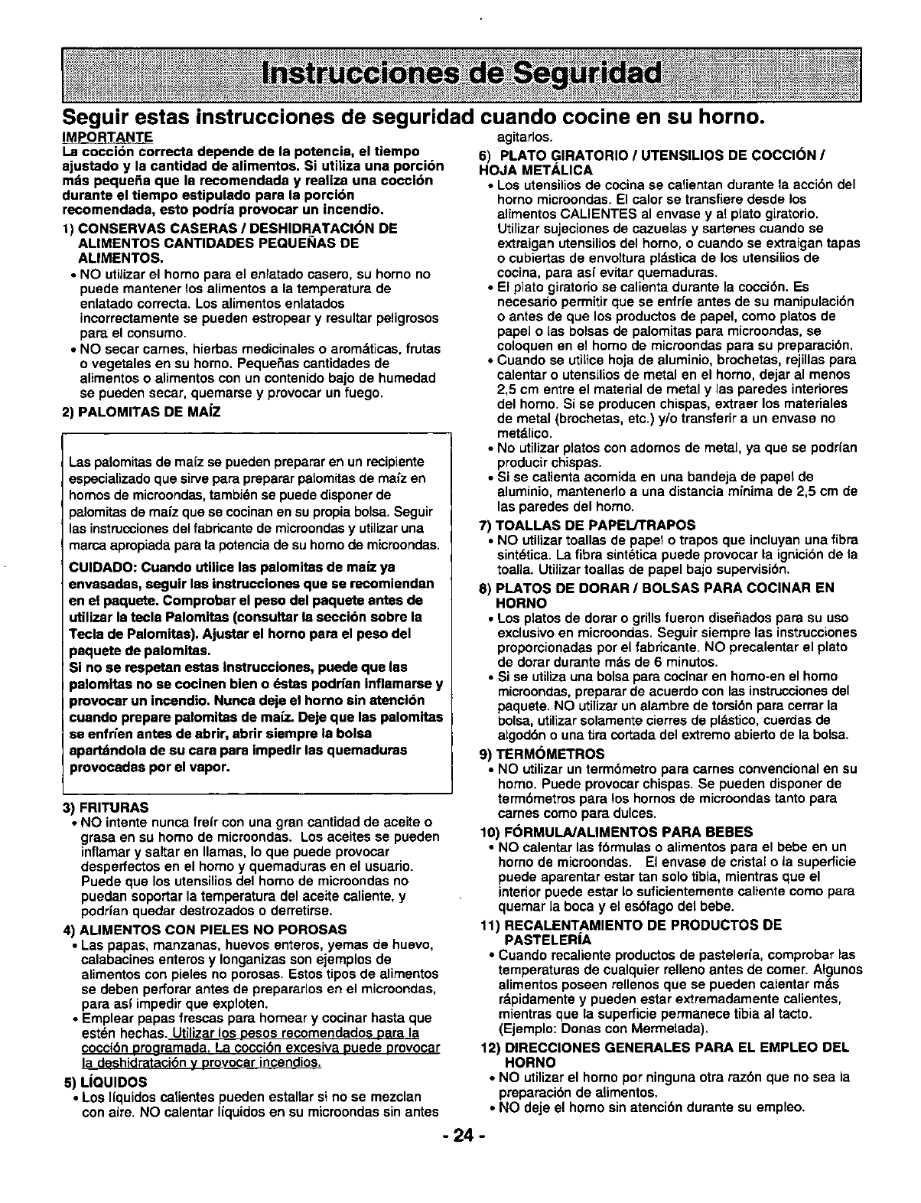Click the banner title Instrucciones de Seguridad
[460, 76]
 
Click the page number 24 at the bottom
[460, 1136]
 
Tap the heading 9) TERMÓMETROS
[541, 753]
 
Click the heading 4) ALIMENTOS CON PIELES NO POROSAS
[205, 929]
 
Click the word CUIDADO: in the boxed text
[96, 567]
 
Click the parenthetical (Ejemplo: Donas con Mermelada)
[603, 1027]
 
